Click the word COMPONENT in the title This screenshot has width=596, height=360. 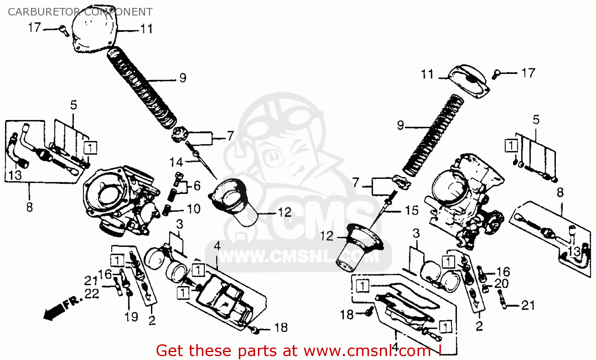[118, 12]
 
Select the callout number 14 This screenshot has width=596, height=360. [176, 162]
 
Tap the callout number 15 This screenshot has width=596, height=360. [412, 210]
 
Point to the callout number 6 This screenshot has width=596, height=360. [197, 186]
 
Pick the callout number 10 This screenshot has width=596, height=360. [194, 209]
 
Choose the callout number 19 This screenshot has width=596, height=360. [131, 317]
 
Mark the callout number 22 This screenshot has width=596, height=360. [92, 294]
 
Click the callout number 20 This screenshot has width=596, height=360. [501, 284]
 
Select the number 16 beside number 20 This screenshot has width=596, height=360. [503, 272]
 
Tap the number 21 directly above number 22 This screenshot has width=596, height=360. [91, 281]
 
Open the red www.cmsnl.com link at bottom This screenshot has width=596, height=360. [367, 351]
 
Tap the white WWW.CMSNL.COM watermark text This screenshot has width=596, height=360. [298, 257]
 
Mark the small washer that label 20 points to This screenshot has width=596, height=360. [485, 288]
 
